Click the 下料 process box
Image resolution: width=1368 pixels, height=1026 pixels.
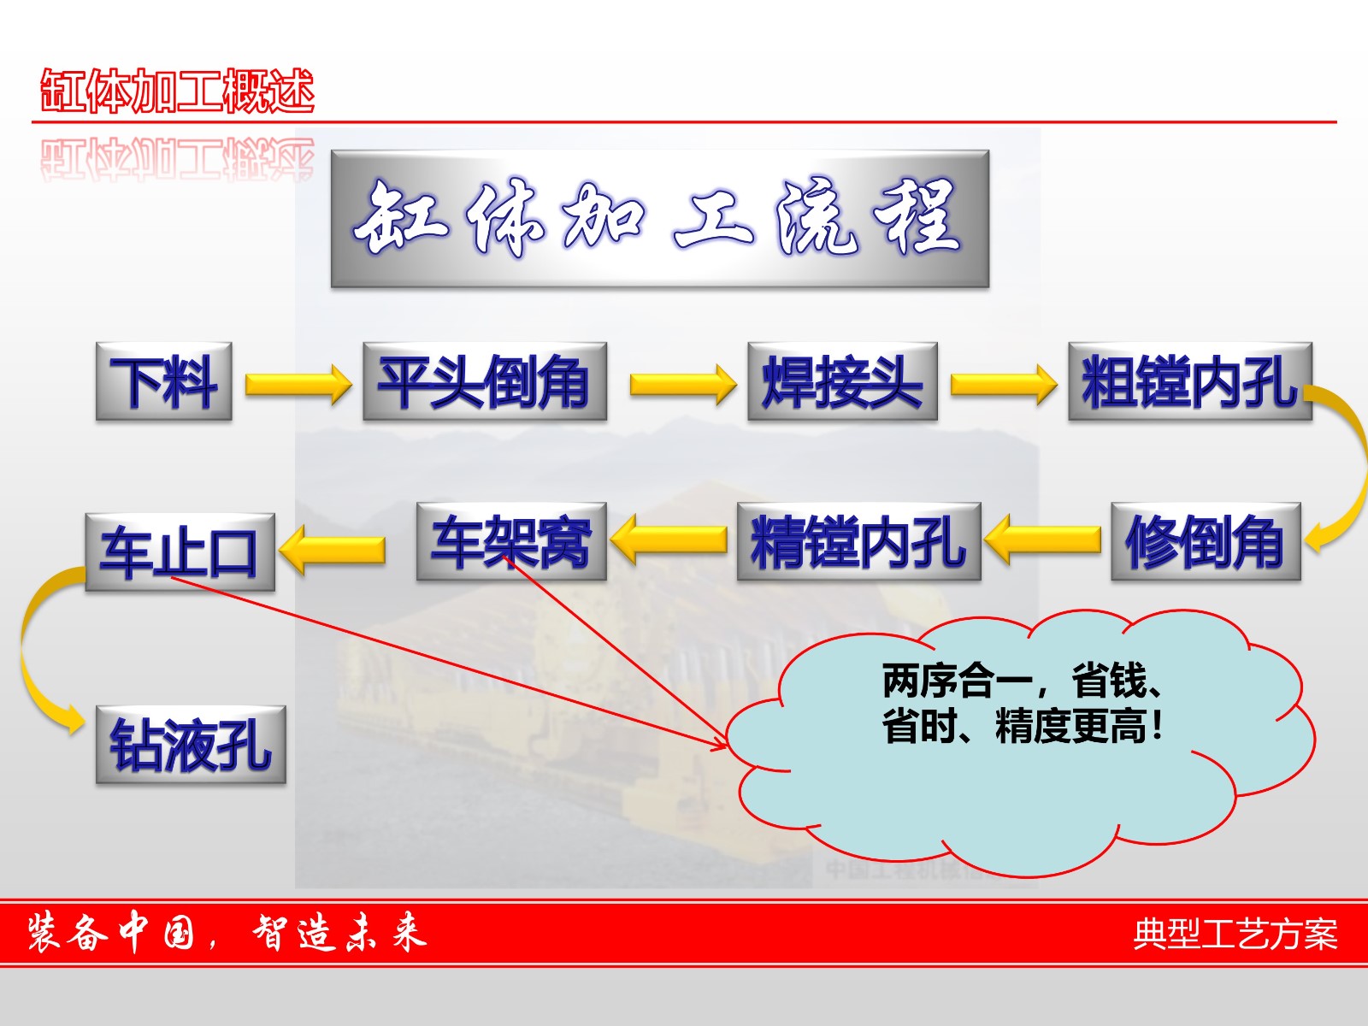tap(164, 381)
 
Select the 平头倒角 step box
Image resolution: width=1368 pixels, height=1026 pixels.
tap(485, 381)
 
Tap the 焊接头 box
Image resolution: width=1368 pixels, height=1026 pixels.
tap(843, 381)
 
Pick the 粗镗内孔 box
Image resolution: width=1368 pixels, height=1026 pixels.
tap(1190, 381)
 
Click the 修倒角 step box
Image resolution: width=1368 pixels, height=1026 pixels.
tap(1206, 541)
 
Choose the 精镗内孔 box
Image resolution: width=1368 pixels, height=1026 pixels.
tap(859, 541)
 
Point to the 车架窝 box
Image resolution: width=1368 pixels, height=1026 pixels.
tap(511, 541)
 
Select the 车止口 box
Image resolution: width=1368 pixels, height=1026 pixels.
tap(180, 552)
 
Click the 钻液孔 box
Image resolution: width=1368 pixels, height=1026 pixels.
tap(191, 745)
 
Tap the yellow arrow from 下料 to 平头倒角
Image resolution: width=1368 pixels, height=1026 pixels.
tap(298, 385)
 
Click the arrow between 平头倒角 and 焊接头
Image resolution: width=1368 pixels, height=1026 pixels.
tap(683, 385)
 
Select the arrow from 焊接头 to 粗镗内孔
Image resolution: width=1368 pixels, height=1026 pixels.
tap(1004, 385)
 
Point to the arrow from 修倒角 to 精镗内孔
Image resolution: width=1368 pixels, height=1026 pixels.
tap(1042, 540)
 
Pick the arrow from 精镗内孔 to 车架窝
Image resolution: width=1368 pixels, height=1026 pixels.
tap(669, 540)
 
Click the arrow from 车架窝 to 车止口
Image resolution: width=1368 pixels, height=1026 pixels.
tap(333, 550)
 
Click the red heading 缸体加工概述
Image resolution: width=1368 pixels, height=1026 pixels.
tap(178, 91)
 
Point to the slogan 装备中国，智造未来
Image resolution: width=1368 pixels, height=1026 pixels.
tap(227, 933)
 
